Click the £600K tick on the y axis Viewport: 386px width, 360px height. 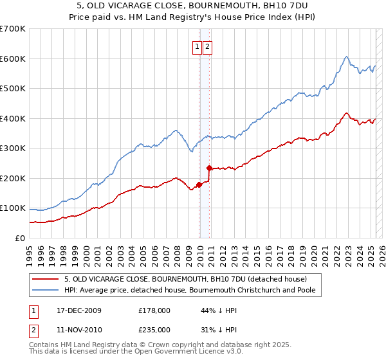pyautogui.click(x=13, y=59)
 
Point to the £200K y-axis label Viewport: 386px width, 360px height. pyautogui.click(x=13, y=178)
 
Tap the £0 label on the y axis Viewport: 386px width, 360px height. pyautogui.click(x=19, y=238)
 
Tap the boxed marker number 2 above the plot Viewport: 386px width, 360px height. pyautogui.click(x=208, y=46)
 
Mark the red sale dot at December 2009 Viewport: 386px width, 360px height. pyautogui.click(x=199, y=184)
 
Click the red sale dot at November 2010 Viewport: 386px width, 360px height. pyautogui.click(x=209, y=168)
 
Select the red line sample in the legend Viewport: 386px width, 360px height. pyautogui.click(x=46, y=279)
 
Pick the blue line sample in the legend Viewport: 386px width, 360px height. pyautogui.click(x=46, y=291)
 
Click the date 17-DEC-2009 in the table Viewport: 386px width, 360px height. pyautogui.click(x=79, y=310)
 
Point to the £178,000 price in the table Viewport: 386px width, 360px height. pyautogui.click(x=154, y=310)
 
